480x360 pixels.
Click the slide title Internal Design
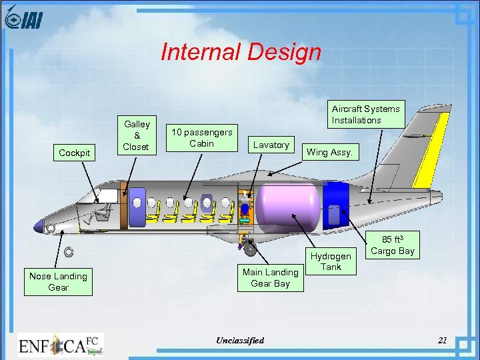click(x=241, y=53)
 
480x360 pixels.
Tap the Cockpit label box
click(x=74, y=153)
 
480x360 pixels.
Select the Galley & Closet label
click(x=137, y=135)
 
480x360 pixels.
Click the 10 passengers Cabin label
click(x=201, y=137)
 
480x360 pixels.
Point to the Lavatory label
click(x=271, y=145)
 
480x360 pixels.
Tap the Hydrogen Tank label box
click(x=331, y=261)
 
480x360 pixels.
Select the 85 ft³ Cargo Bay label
click(x=392, y=245)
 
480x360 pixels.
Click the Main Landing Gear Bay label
click(x=270, y=277)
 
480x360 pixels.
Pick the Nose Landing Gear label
click(x=58, y=281)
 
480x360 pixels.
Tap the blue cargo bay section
click(x=336, y=203)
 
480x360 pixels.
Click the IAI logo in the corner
click(x=23, y=19)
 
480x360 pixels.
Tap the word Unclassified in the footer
click(x=240, y=341)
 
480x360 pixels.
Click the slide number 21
click(x=442, y=341)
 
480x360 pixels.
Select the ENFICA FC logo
click(x=61, y=345)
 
